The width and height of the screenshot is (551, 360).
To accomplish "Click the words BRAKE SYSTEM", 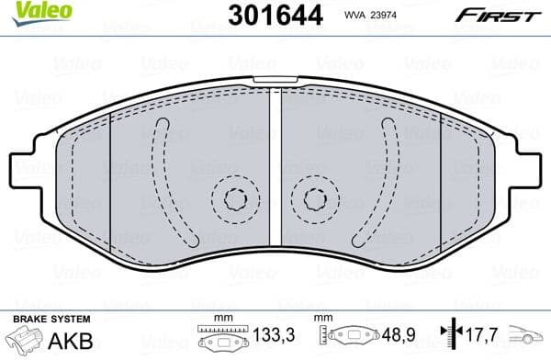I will pyautogui.click(x=51, y=319).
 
